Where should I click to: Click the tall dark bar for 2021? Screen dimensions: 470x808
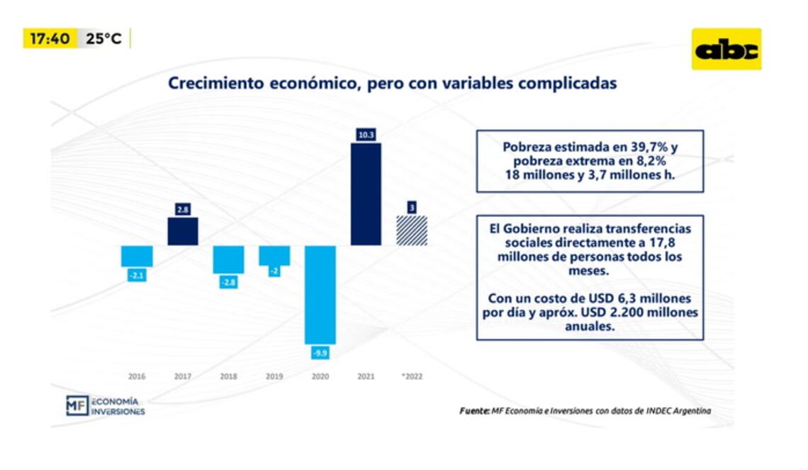click(366, 194)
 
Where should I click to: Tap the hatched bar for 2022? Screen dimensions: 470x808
click(411, 230)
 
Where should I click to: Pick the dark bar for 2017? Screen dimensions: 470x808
click(183, 231)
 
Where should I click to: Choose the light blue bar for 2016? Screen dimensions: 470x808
click(137, 256)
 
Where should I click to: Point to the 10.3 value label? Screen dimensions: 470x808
click(366, 135)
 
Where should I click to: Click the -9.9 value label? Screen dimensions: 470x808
click(320, 352)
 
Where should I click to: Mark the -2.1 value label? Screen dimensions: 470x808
click(137, 275)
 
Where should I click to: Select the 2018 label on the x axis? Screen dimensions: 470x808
click(228, 376)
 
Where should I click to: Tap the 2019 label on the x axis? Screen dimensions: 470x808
click(274, 376)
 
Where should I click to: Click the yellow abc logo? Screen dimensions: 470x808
click(726, 50)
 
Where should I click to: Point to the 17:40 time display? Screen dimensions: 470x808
click(50, 38)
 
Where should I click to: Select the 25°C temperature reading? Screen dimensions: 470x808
click(104, 39)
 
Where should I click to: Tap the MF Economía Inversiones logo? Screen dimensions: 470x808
click(105, 405)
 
